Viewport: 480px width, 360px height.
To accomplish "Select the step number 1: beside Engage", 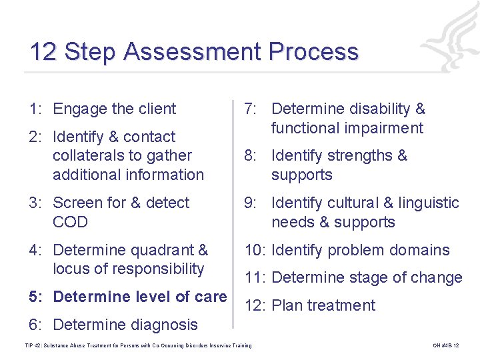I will [x=37, y=109].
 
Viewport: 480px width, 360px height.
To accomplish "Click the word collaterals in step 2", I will [x=89, y=155].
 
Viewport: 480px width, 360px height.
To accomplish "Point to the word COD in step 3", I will [x=70, y=222].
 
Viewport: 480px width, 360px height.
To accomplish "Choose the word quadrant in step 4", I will [x=162, y=250].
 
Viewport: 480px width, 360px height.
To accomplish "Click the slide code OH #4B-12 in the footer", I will [x=445, y=345].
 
